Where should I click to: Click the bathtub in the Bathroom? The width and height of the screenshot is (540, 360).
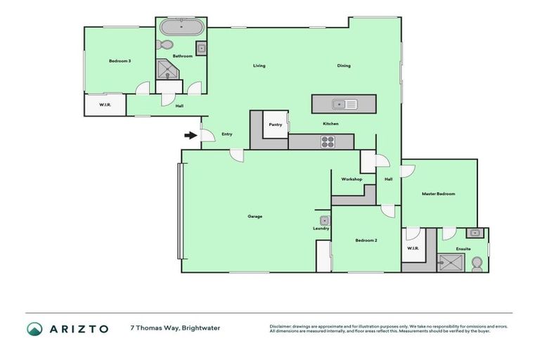tap(181, 29)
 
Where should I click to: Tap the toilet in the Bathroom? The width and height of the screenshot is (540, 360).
tap(166, 44)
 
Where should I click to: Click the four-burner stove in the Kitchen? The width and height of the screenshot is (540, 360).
tap(328, 141)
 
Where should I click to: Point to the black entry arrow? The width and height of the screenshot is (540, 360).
tap(191, 136)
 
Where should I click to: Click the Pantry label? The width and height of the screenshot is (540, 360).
tap(276, 124)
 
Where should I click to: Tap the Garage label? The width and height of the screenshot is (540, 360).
tap(255, 216)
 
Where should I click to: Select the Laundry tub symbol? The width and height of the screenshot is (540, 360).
tap(324, 221)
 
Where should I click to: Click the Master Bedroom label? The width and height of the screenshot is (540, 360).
tap(438, 193)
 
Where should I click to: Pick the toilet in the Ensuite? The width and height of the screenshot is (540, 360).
tap(477, 263)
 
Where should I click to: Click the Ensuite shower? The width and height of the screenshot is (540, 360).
tap(447, 263)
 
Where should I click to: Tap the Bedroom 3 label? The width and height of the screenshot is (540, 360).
tap(120, 61)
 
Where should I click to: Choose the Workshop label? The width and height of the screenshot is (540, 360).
tap(352, 179)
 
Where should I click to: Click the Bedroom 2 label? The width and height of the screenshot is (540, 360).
tap(366, 240)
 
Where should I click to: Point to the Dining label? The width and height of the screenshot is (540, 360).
tap(343, 66)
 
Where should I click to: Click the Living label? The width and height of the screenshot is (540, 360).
tap(259, 66)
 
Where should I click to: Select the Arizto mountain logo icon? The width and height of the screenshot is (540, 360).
tap(34, 328)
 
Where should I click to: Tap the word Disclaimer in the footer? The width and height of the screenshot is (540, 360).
tap(282, 326)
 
